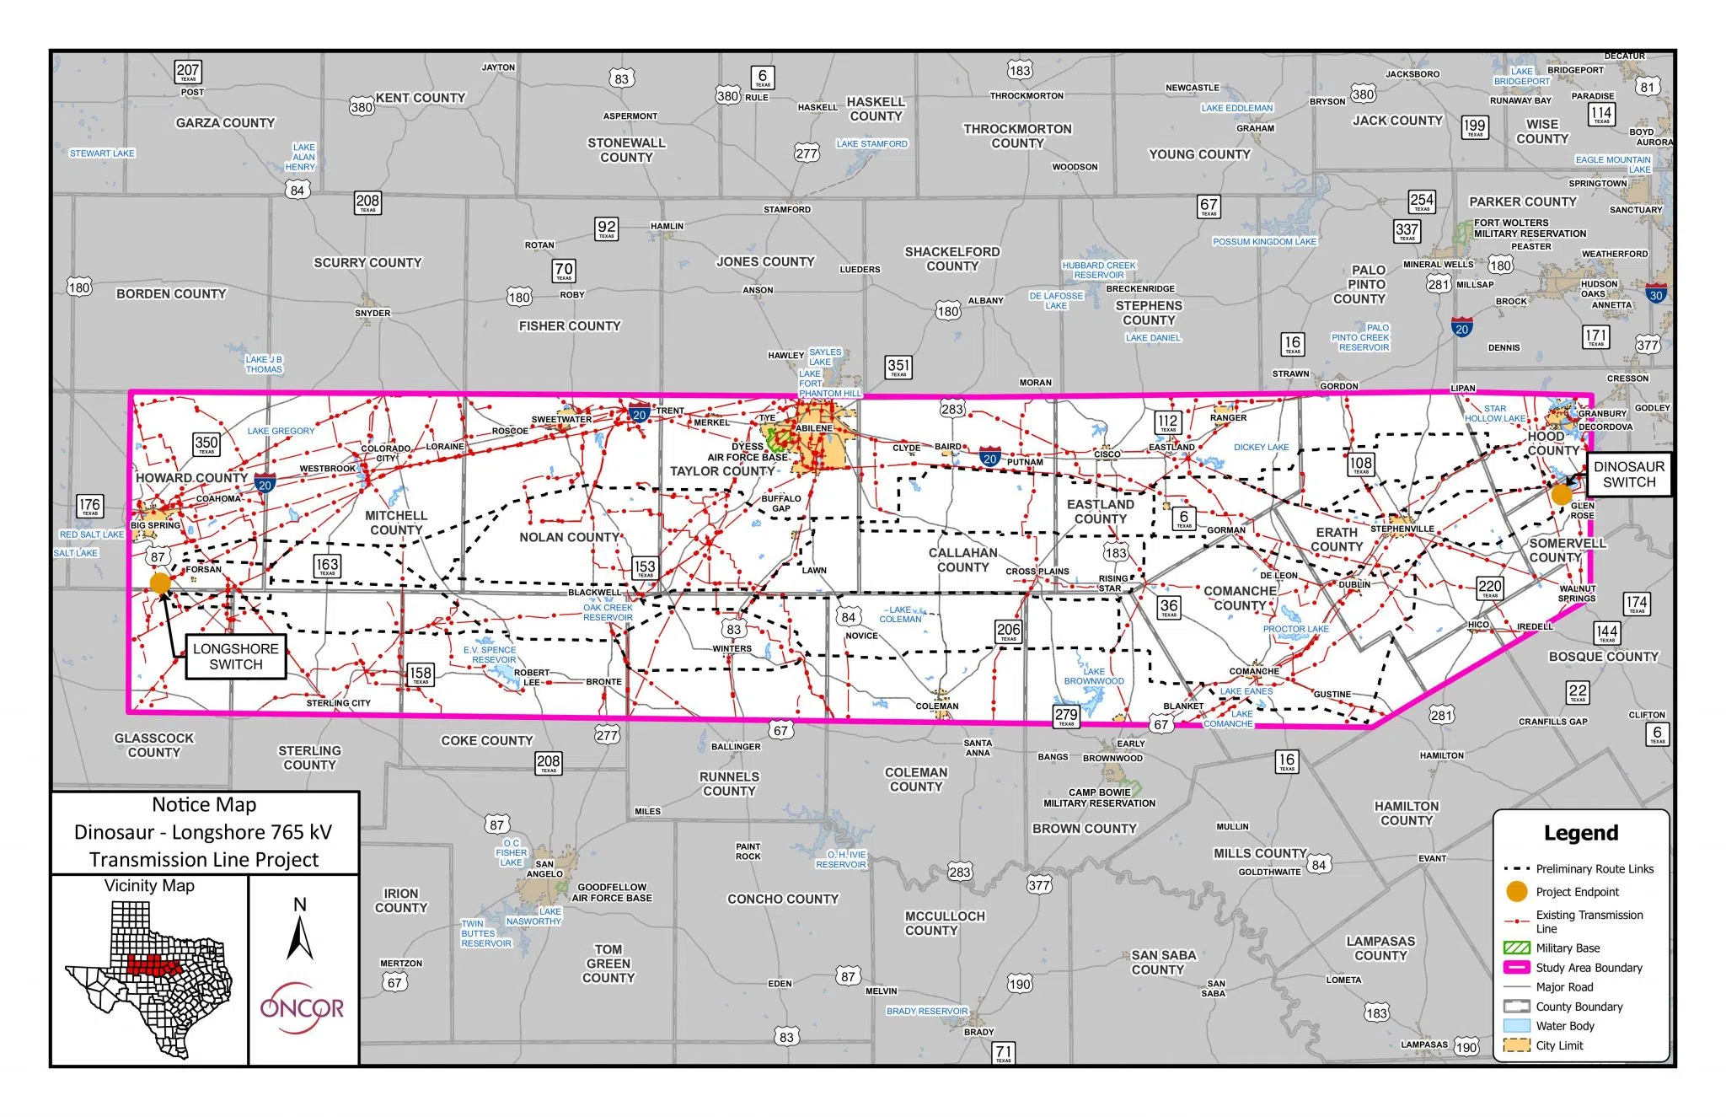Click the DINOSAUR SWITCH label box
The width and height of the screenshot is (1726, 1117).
(x=1628, y=475)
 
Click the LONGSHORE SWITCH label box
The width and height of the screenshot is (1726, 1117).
(x=235, y=657)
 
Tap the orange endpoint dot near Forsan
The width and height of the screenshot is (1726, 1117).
(x=160, y=583)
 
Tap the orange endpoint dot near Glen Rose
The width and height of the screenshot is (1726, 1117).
(x=1562, y=495)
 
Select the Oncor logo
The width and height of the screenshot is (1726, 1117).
(x=302, y=1008)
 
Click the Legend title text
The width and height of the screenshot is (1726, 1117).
(x=1580, y=833)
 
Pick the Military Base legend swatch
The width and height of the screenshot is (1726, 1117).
(x=1516, y=948)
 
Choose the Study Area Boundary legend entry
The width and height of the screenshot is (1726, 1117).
(x=1588, y=968)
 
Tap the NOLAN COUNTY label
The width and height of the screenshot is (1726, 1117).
(x=569, y=537)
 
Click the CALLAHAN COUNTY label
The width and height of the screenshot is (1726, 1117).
(x=962, y=560)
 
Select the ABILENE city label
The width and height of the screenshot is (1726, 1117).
(x=813, y=428)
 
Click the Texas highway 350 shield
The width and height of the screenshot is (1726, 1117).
(x=206, y=443)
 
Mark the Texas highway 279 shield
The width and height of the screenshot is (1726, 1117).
(x=1066, y=716)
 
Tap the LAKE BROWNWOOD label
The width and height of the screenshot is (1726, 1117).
(x=1093, y=676)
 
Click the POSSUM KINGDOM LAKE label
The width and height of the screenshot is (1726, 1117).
(x=1263, y=242)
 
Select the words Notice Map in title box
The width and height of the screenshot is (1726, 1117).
(x=204, y=805)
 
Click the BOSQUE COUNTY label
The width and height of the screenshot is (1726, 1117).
(x=1603, y=657)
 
